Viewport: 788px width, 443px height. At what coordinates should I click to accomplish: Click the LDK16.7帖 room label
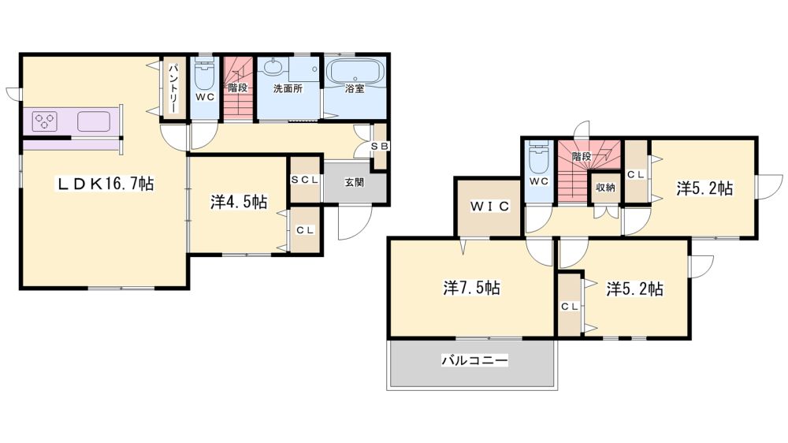(104, 184)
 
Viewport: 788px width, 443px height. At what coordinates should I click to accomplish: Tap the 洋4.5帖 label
(239, 202)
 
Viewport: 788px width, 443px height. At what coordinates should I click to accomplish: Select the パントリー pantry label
(173, 88)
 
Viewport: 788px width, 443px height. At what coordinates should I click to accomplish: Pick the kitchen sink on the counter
(94, 121)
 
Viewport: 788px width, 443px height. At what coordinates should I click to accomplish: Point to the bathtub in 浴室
(355, 72)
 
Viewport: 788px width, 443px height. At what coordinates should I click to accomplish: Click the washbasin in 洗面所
(273, 67)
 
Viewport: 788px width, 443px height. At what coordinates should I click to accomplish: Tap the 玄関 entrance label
(355, 183)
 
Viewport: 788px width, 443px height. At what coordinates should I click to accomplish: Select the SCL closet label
(305, 180)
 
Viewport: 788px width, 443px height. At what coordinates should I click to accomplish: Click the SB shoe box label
(381, 146)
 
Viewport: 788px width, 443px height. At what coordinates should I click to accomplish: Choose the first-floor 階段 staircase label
(237, 88)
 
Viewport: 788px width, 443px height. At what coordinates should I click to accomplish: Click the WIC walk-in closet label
(490, 207)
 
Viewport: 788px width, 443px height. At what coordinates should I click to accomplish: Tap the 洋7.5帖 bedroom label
(471, 289)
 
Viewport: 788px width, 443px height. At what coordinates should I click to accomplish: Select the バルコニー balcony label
(475, 360)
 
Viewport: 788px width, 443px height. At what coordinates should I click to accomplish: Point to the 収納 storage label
(605, 188)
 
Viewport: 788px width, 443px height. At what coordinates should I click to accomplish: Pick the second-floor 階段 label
(582, 156)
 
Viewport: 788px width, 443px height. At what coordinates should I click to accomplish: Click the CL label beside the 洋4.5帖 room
(304, 230)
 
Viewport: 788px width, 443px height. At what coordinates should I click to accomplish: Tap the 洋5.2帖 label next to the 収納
(704, 188)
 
